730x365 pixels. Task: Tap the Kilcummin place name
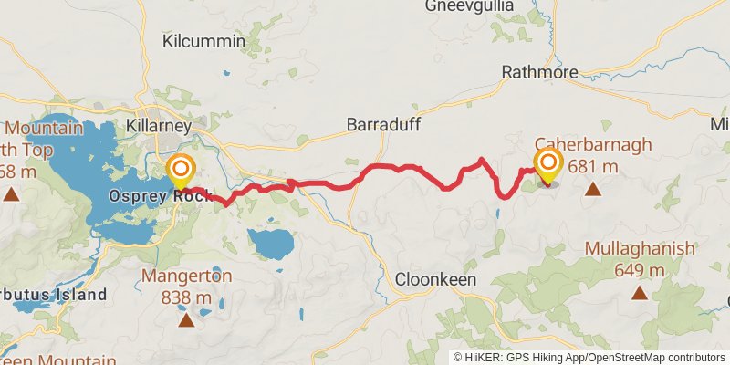coord(203,41)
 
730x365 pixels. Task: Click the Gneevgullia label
coord(470,6)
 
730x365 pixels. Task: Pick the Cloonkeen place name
coord(435,280)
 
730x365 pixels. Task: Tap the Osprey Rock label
coord(160,196)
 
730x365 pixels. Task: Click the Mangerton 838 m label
coord(186,286)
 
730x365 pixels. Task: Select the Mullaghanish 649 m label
coord(640,258)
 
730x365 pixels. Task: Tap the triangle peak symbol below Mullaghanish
coord(640,293)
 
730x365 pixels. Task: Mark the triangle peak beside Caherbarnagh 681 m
coord(593,190)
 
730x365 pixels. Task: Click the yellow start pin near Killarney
coord(182,170)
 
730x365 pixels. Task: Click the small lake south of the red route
coord(271,244)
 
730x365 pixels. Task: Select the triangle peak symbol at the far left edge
coord(11,193)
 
